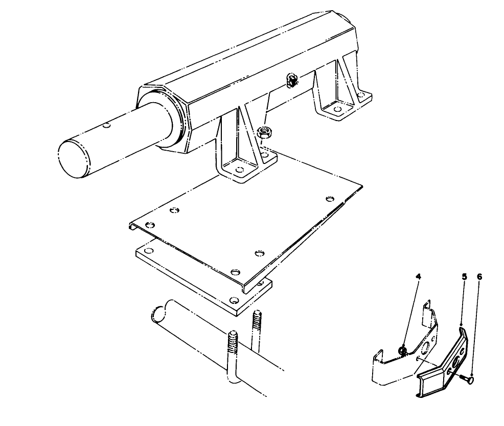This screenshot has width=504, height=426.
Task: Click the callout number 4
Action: pos(418,276)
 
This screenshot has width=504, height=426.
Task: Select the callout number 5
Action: pos(464,276)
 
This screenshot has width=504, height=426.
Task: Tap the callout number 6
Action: pos(479,276)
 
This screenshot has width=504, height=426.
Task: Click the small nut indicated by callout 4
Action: pos(402,351)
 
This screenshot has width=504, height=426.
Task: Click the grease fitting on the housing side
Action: pos(292,80)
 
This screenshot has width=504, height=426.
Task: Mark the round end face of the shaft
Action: pos(74,159)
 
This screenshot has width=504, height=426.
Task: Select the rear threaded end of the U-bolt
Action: pos(257,321)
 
